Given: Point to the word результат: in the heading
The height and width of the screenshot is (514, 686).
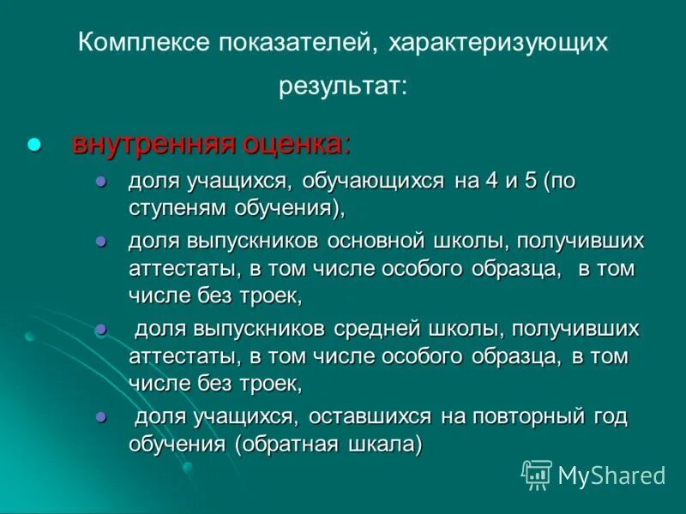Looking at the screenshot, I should [342, 87].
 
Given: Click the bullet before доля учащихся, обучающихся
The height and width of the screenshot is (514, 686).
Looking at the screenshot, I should [100, 182].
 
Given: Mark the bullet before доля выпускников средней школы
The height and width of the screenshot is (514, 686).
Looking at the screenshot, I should [100, 329].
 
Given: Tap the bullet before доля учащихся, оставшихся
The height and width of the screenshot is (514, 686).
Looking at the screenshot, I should [100, 416].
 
